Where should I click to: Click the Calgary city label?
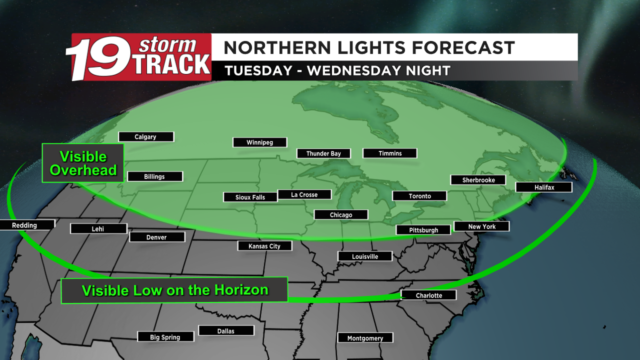(145, 137)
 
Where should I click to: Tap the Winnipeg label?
(260, 142)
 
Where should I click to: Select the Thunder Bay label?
(323, 153)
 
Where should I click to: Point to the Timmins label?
(389, 153)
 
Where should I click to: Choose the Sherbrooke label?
(478, 180)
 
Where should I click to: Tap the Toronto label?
(419, 196)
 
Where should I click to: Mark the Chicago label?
(341, 215)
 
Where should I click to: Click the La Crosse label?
(304, 194)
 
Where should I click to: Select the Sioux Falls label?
(250, 197)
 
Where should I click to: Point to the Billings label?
(154, 176)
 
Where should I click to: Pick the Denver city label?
(156, 237)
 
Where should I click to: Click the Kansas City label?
(264, 246)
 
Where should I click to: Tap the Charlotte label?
(429, 295)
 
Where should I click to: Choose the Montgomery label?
(365, 338)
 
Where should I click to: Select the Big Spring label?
(165, 337)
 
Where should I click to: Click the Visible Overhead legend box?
(83, 163)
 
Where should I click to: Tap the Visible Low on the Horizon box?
(174, 290)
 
